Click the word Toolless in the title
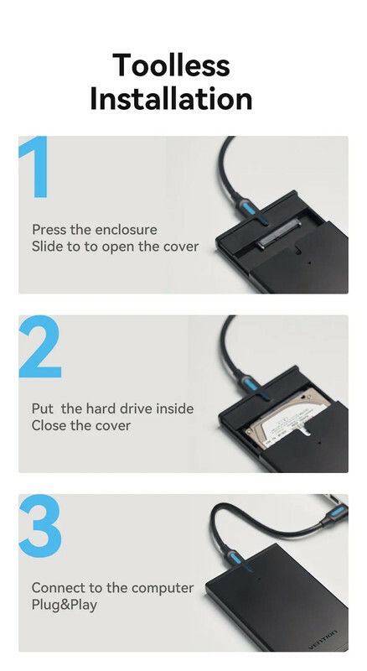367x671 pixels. click(171, 65)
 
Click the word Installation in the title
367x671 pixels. click(171, 98)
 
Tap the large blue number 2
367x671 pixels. click(40, 346)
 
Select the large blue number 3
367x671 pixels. click(40, 526)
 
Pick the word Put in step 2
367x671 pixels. click(43, 408)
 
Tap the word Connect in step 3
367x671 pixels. click(59, 588)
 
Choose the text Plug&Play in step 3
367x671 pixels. click(65, 606)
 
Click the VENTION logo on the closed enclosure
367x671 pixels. click(323, 639)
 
